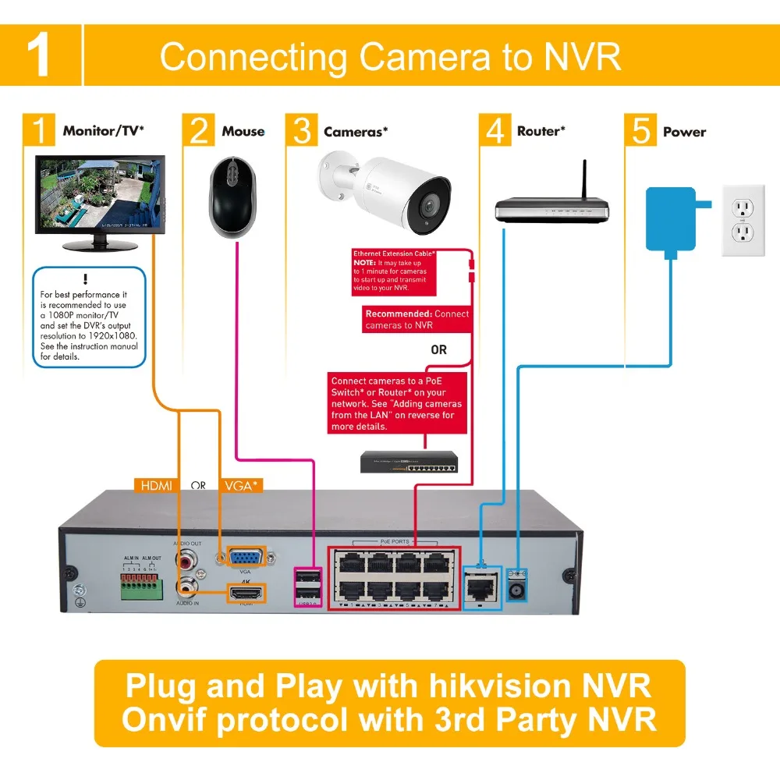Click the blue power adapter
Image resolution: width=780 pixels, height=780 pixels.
670,218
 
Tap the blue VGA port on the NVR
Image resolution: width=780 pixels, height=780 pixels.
245,558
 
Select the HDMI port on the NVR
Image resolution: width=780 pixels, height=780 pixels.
246,593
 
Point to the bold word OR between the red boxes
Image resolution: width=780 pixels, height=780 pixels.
439,350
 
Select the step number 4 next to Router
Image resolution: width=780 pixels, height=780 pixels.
495,131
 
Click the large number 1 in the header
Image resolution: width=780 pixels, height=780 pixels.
40,55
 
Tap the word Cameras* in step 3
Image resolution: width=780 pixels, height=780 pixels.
356,132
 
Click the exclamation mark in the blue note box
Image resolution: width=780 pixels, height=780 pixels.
85,279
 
